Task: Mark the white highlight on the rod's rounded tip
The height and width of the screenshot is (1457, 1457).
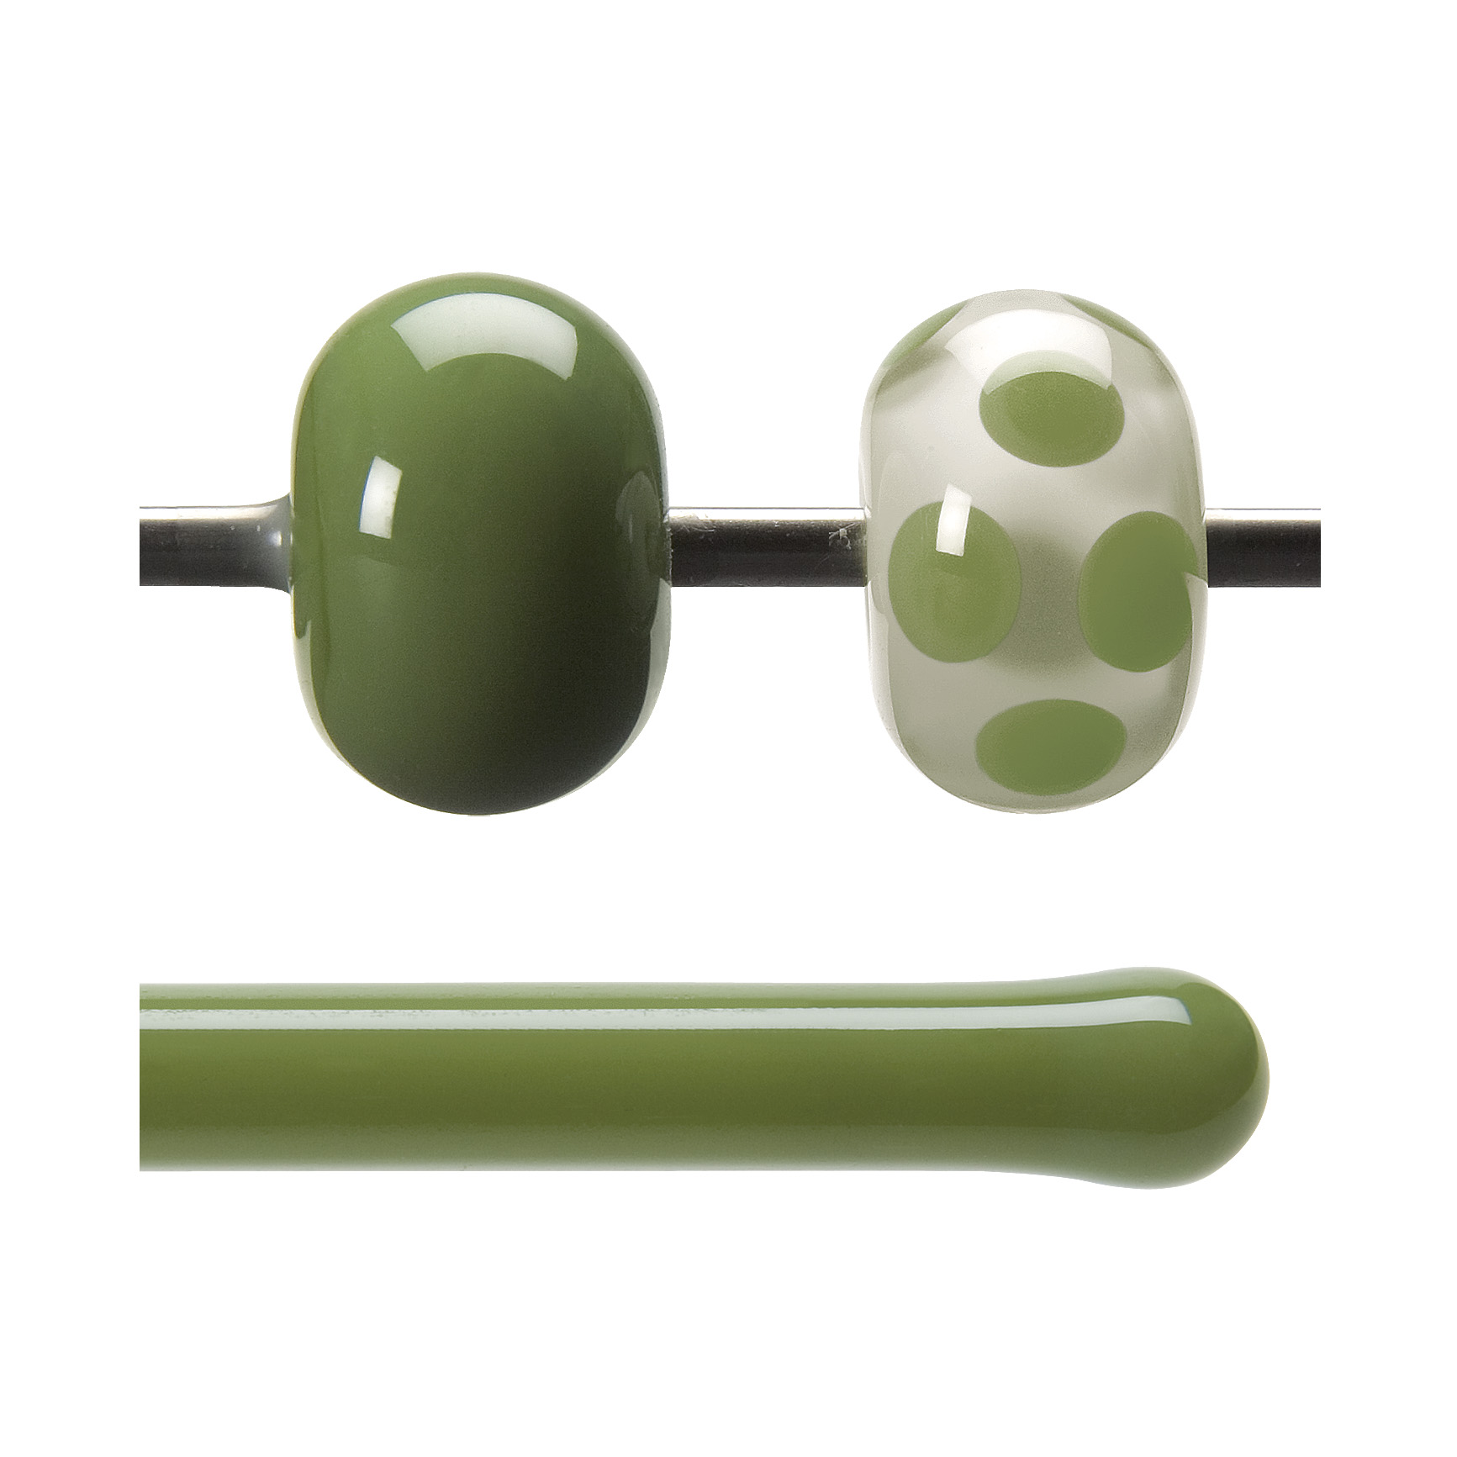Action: pos(1143,1009)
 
